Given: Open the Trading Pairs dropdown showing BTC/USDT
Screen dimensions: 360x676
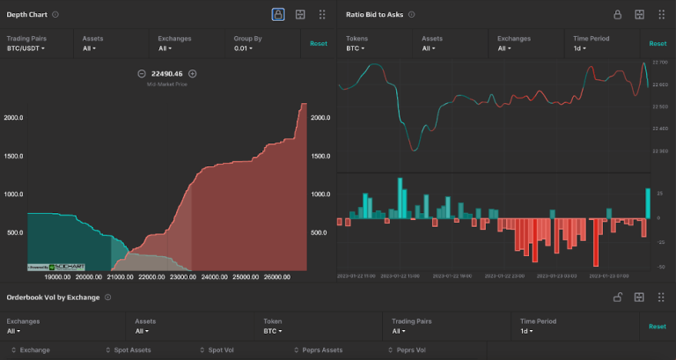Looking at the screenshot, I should pyautogui.click(x=26, y=48).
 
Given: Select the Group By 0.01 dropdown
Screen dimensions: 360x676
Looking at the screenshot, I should pyautogui.click(x=243, y=48).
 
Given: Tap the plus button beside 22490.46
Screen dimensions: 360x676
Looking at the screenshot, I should pyautogui.click(x=193, y=74).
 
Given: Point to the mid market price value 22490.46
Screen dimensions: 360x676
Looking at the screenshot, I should pyautogui.click(x=167, y=74).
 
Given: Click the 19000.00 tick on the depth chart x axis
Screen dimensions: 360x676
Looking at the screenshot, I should pyautogui.click(x=45, y=276).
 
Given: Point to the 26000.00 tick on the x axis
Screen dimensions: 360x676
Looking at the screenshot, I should pyautogui.click(x=277, y=276).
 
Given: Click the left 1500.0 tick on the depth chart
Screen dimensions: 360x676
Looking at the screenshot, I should pyautogui.click(x=13, y=156).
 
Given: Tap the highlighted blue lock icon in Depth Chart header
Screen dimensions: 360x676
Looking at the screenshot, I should pyautogui.click(x=278, y=15).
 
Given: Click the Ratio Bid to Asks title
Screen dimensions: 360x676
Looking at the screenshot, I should pyautogui.click(x=375, y=15).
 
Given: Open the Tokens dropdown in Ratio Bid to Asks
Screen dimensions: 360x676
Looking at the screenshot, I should pyautogui.click(x=355, y=48).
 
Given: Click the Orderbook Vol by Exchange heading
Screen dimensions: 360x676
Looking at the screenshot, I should pyautogui.click(x=54, y=298).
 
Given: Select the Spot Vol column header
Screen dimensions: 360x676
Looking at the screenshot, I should pyautogui.click(x=221, y=350).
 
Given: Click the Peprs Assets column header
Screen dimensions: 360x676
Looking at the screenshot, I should pyautogui.click(x=321, y=350).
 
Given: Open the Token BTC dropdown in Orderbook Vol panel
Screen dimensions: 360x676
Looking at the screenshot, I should pyautogui.click(x=273, y=332).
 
